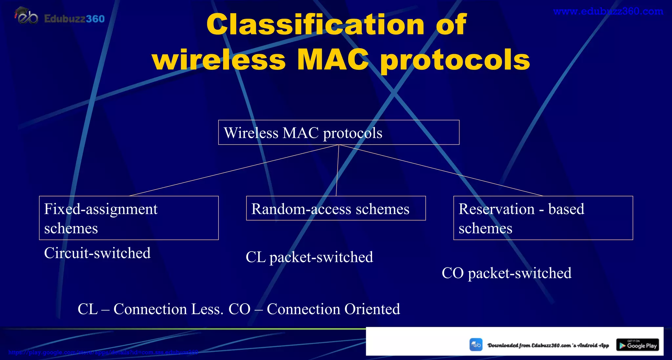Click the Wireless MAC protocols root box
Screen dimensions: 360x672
pos(339,133)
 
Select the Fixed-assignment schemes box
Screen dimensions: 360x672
pos(129,218)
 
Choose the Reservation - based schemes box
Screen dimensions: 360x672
pos(543,218)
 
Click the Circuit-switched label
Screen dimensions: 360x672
pos(97,253)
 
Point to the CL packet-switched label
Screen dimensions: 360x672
pos(309,257)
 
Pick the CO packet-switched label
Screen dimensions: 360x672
pos(506,273)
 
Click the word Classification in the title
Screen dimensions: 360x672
pos(315,25)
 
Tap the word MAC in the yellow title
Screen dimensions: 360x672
pos(333,60)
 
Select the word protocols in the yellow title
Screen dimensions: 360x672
pos(455,60)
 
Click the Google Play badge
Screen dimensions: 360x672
pos(637,345)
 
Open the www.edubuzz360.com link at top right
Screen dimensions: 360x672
pos(608,11)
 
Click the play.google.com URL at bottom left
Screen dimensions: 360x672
pos(103,352)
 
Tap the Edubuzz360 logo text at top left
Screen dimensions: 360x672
pos(74,19)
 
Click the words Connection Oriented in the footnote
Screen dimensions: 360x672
pos(333,309)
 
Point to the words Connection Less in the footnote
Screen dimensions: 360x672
pos(168,309)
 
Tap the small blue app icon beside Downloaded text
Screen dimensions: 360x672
pos(476,345)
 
